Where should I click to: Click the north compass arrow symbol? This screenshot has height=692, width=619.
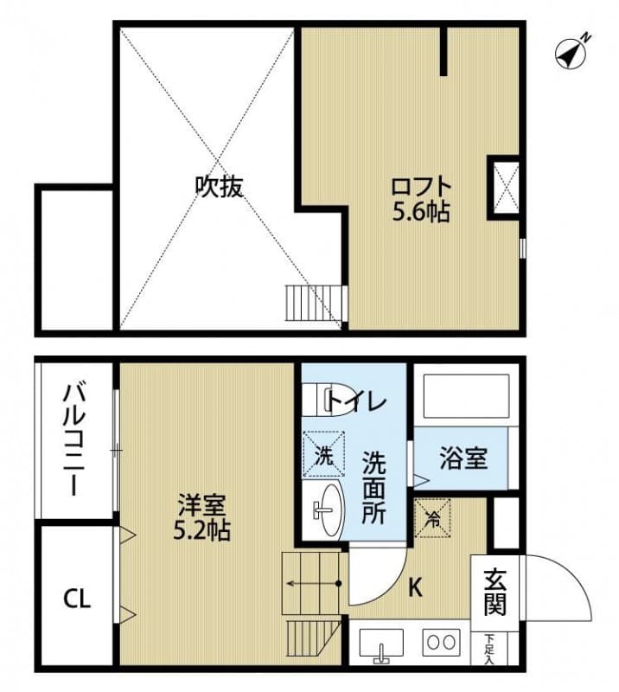[572, 51]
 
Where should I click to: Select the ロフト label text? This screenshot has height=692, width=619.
[421, 186]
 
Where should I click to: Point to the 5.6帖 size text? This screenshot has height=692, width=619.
[421, 211]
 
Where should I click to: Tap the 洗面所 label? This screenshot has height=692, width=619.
[373, 489]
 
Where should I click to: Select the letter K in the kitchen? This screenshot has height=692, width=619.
[415, 588]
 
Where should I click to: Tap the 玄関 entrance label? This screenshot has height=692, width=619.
[495, 591]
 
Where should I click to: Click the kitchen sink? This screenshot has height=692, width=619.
[380, 644]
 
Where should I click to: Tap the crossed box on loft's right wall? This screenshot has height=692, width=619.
[504, 185]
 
